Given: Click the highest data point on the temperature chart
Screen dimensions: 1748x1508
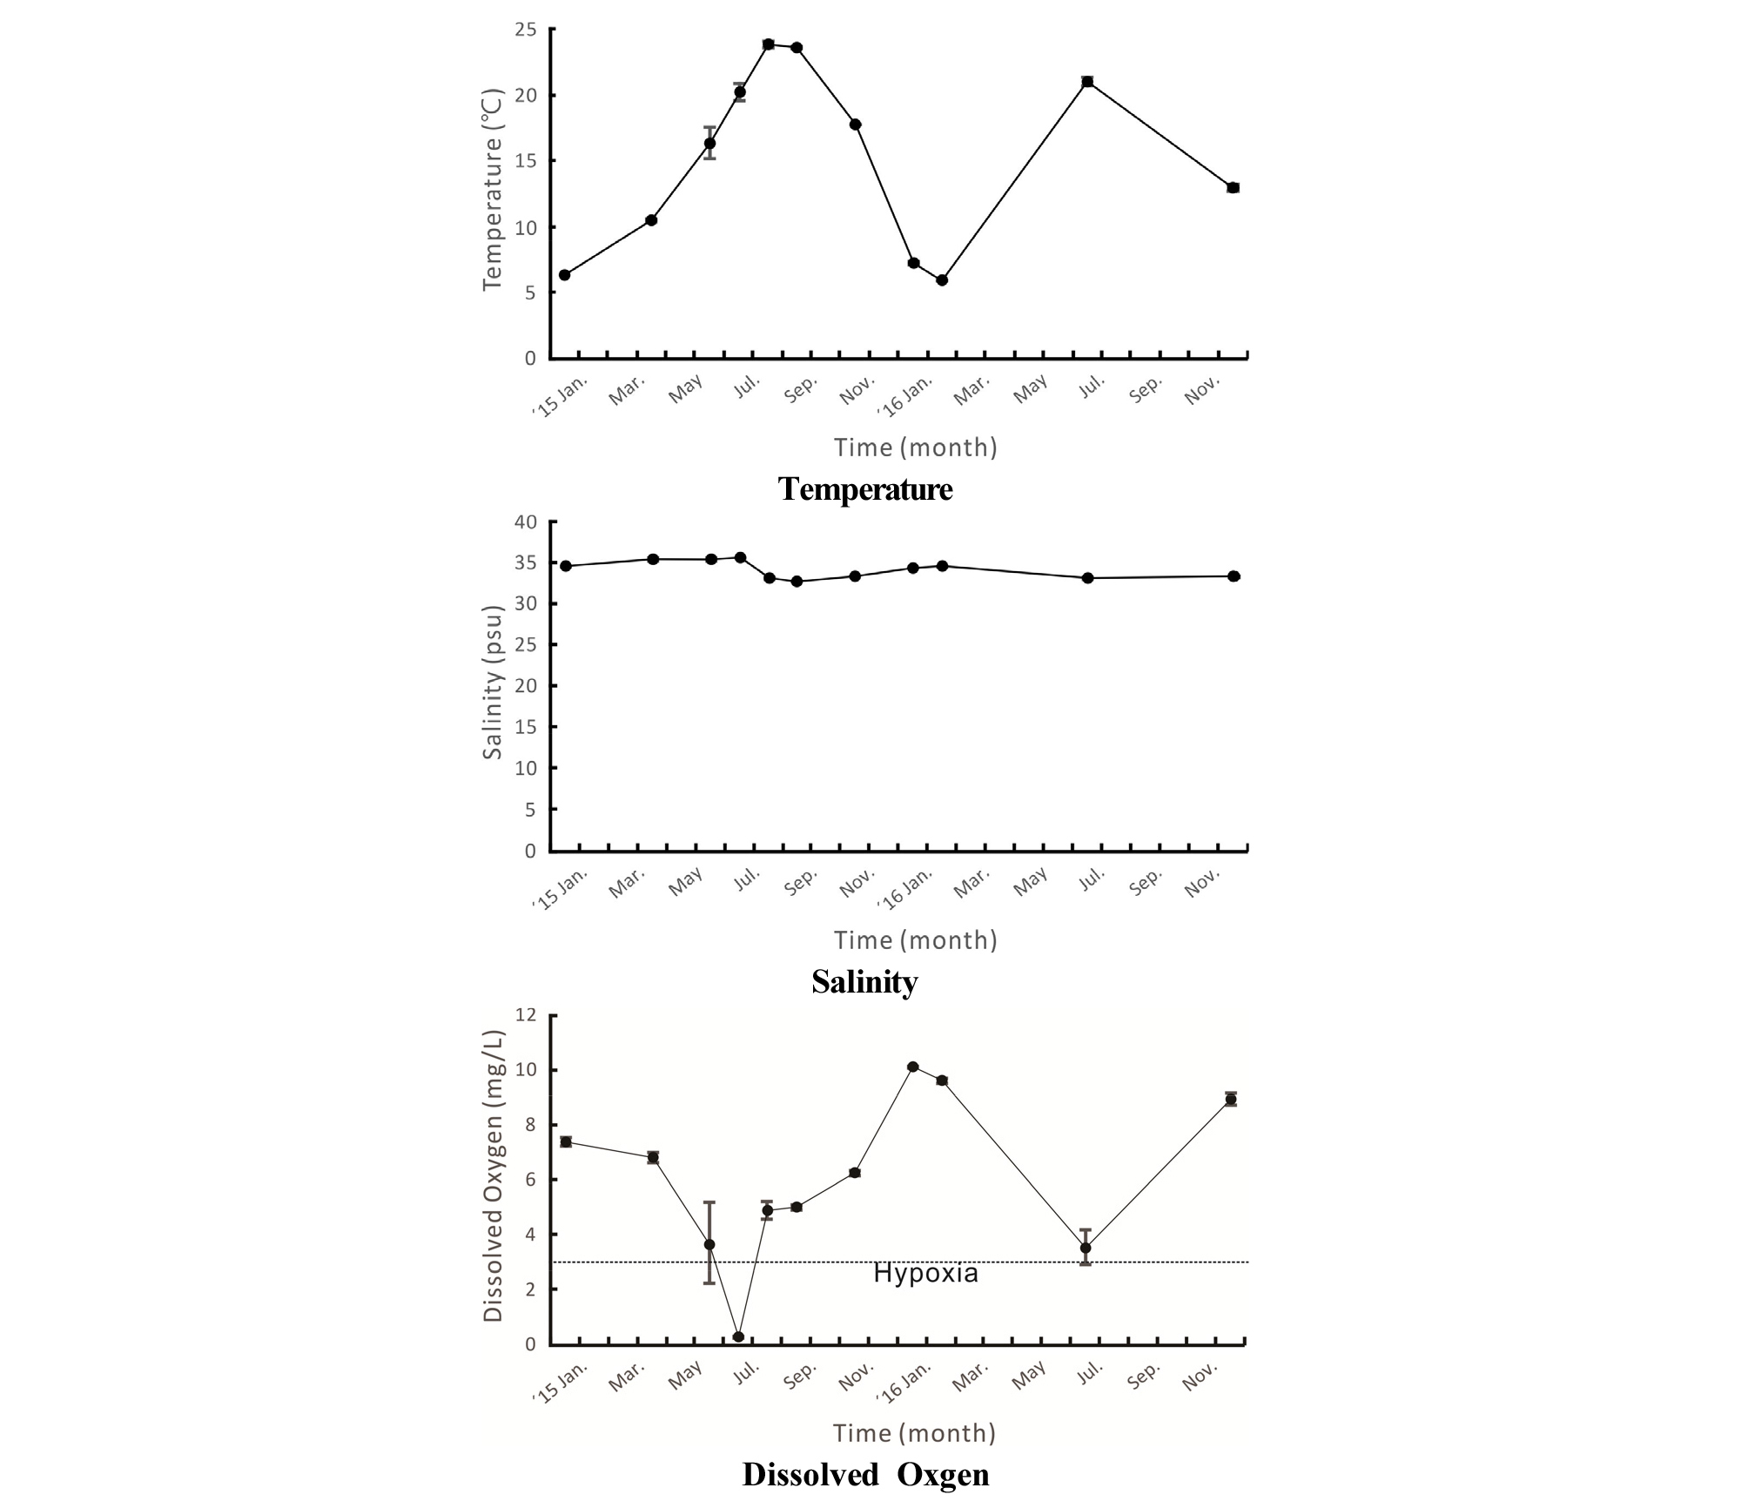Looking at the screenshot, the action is tap(768, 44).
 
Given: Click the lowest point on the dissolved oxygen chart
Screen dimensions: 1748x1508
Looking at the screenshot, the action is tap(738, 1336).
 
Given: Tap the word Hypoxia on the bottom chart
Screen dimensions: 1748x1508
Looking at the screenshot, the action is tap(925, 1274).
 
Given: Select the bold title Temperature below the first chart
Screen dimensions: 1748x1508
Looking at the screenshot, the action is tap(865, 488).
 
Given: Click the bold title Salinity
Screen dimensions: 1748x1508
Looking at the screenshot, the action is tap(864, 982).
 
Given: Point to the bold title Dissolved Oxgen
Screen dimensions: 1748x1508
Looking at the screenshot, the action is tap(865, 1474).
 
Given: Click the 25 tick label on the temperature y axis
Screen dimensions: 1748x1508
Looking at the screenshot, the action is tap(526, 30).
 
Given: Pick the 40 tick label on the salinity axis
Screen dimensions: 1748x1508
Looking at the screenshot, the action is tap(526, 522).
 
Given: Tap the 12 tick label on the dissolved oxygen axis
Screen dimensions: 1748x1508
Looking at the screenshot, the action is tap(526, 1015).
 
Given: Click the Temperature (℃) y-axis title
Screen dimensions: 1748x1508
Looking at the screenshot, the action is tap(493, 189).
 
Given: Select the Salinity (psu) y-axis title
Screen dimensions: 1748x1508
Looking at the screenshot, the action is tap(493, 683).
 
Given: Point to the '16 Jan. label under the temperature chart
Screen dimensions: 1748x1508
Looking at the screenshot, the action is tap(906, 397).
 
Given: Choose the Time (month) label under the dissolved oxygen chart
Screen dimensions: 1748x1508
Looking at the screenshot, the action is tap(914, 1433).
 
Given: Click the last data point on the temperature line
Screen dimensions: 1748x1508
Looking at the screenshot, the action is tap(1233, 188).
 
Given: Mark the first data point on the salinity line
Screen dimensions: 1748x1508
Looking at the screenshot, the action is tap(565, 566).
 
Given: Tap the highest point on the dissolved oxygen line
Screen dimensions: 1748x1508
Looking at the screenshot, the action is tap(912, 1067).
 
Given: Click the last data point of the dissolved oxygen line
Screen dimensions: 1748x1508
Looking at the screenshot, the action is tap(1230, 1100).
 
